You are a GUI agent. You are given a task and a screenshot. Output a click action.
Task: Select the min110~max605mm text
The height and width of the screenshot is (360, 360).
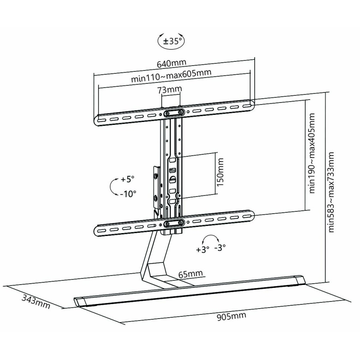click(171, 77)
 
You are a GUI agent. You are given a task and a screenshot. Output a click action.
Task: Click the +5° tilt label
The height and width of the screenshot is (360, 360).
click(128, 180)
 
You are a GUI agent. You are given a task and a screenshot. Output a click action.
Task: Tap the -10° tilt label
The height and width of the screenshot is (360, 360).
click(128, 193)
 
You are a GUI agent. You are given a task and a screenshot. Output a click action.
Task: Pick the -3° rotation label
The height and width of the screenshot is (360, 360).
click(220, 248)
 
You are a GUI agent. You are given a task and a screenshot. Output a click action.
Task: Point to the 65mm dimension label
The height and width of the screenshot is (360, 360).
click(190, 274)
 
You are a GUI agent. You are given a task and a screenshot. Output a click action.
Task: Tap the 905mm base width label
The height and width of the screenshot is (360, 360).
click(231, 317)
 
